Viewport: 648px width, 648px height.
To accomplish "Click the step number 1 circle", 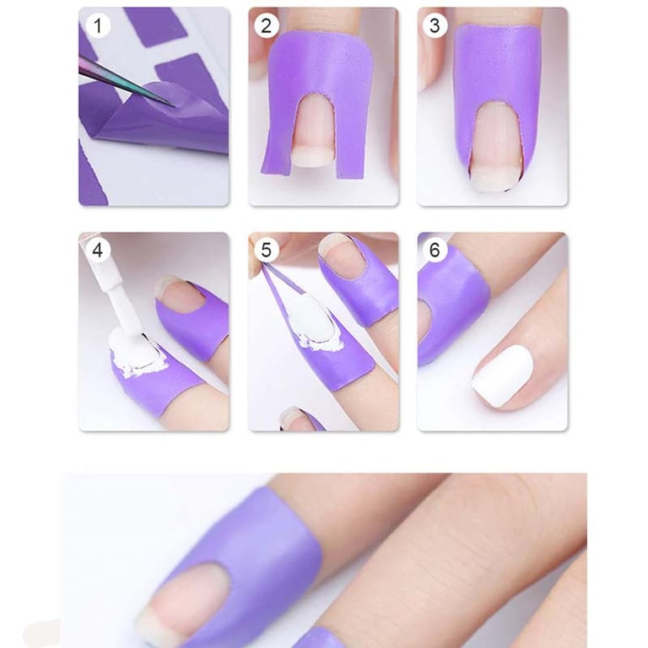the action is pos(98,25).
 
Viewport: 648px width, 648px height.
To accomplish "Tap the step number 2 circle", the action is pos(266,25).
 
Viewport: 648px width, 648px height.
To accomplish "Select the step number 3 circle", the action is pos(435,25).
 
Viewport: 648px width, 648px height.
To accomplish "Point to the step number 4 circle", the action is pos(98,250).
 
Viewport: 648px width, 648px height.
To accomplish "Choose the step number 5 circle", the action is pos(266,250).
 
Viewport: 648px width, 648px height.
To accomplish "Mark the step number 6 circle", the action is pos(435,250).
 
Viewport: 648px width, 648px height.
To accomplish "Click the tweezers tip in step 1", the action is pos(174,105).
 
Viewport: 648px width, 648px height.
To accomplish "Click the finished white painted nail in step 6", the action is pos(503,375).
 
